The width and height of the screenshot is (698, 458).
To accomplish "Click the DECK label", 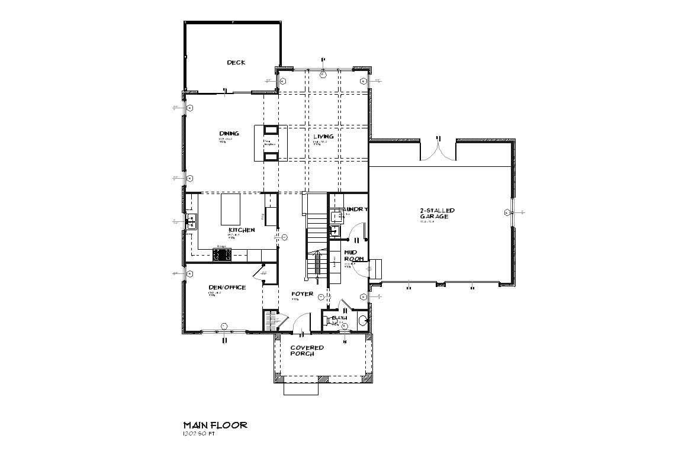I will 236,63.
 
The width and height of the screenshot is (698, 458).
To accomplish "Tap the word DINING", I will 229,134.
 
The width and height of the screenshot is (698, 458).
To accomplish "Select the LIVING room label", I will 323,137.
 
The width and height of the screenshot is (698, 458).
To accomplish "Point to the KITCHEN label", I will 242,230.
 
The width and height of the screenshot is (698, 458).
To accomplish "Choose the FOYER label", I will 302,293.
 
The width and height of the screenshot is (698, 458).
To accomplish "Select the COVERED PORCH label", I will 307,350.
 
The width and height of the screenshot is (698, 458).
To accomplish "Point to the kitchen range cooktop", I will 222,254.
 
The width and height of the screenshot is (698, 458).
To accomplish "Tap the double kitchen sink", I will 191,222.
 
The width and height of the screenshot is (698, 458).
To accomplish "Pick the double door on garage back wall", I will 438,151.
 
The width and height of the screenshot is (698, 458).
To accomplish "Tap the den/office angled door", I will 259,272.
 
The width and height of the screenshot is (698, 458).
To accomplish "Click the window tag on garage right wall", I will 507,212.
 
